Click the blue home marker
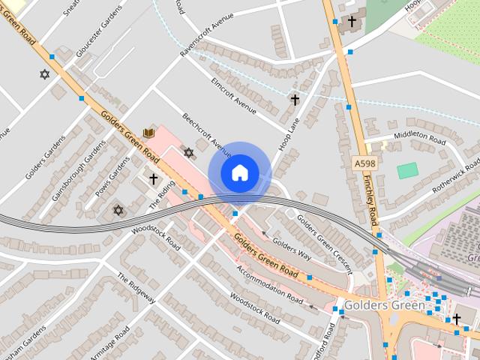pos(239,173)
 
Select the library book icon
pos(148,133)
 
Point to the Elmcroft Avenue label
pos(233,96)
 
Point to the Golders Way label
pos(292,248)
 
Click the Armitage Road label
pos(110,343)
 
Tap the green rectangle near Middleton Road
pos(407,170)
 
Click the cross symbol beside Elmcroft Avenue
pos(295,99)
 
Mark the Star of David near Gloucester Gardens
pos(44,74)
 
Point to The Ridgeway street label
pos(136,288)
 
